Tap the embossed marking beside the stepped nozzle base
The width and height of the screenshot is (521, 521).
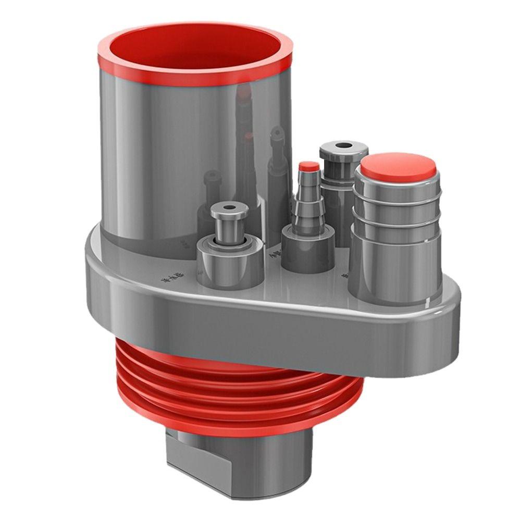point(275,255)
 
